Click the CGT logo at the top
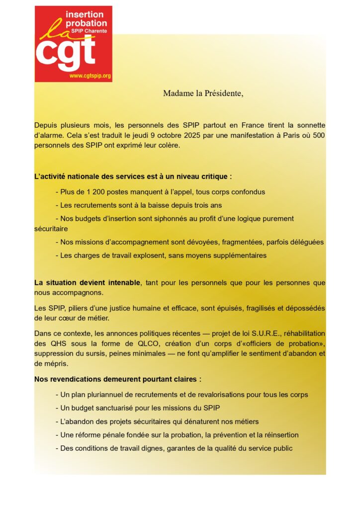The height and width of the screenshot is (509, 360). [x=73, y=44]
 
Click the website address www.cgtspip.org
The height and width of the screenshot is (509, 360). [x=90, y=76]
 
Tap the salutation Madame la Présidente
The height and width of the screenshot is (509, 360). [x=203, y=93]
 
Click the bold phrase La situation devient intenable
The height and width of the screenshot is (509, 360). [x=87, y=282]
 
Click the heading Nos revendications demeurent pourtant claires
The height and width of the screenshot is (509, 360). [x=117, y=379]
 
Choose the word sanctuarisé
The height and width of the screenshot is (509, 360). [x=119, y=408]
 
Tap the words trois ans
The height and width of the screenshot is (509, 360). [x=208, y=205]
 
